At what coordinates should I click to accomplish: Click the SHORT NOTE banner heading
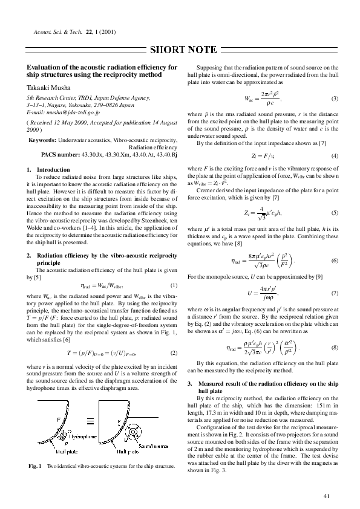180,50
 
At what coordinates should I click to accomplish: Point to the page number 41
327,496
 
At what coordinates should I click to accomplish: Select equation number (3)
335,98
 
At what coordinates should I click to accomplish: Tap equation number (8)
335,349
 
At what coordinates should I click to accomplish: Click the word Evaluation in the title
43,67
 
